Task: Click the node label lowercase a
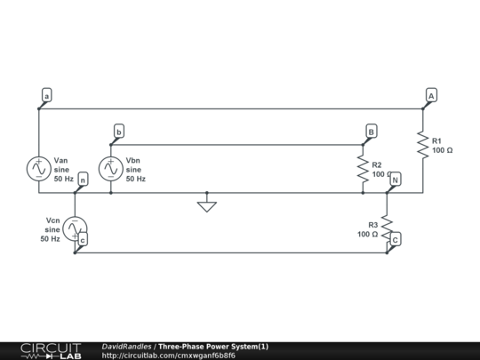[47, 94]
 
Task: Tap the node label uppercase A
[431, 94]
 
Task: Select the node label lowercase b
[118, 132]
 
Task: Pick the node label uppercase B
[372, 131]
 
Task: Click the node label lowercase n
[83, 180]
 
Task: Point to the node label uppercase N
[396, 180]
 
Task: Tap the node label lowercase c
[83, 239]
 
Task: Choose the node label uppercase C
[396, 238]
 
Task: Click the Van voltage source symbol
[39, 167]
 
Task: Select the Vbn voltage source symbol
[110, 167]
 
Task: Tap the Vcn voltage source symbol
[75, 228]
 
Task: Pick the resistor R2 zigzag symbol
[363, 168]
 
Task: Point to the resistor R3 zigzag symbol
[387, 228]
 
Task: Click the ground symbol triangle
[206, 206]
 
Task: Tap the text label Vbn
[134, 160]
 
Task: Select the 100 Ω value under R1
[443, 151]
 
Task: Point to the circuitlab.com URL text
[169, 356]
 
